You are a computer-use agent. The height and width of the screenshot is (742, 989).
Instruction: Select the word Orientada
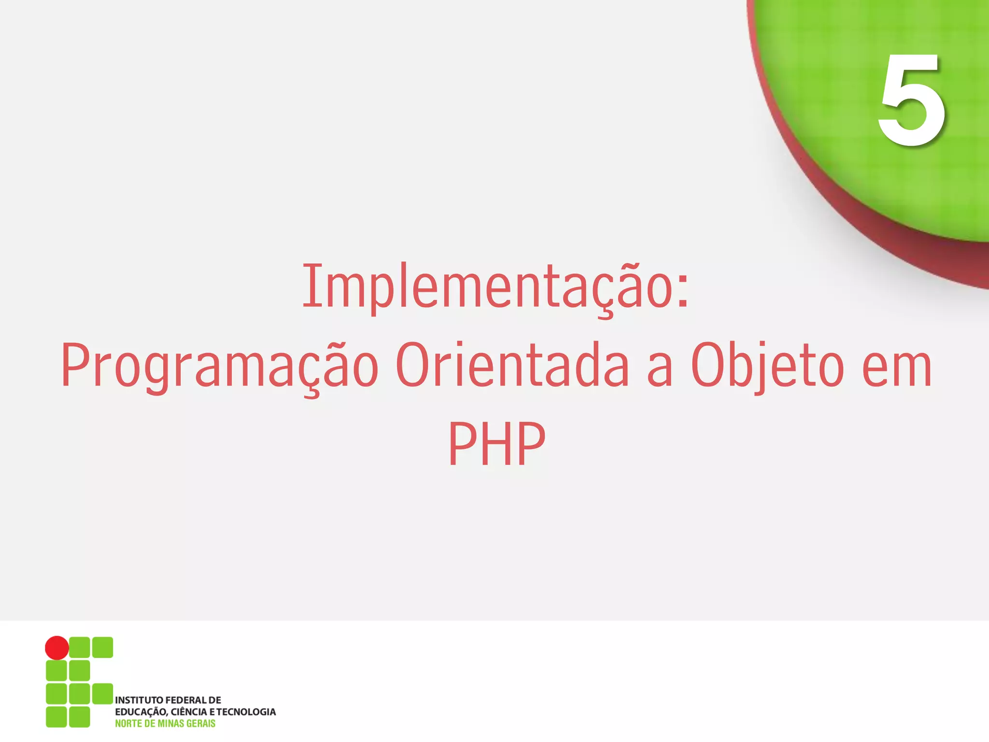[512, 366]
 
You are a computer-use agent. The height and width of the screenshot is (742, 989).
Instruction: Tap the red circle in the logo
[57, 648]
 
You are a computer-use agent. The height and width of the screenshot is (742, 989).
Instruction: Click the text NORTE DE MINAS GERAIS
[165, 723]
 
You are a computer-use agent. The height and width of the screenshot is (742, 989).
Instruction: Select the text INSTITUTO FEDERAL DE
[168, 700]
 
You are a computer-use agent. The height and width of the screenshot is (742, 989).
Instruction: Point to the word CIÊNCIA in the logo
[189, 712]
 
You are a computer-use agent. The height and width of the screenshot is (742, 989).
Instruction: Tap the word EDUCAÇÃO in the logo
[141, 712]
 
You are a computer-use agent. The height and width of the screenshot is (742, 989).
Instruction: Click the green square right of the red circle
[80, 647]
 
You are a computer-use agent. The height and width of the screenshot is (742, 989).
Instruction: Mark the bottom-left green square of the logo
[57, 717]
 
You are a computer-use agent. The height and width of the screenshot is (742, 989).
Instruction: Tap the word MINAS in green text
[171, 723]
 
